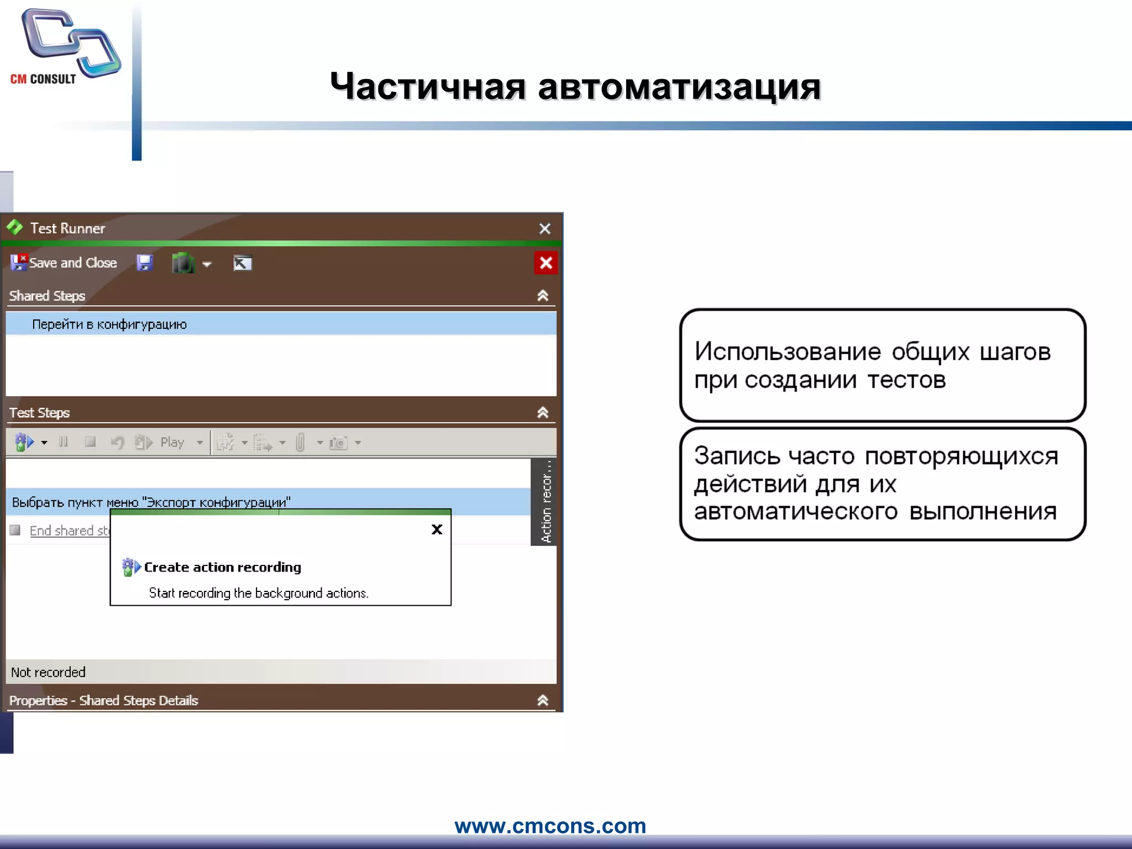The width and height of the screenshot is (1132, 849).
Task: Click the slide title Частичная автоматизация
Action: click(x=575, y=87)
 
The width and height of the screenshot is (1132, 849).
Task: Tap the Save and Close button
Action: click(x=64, y=263)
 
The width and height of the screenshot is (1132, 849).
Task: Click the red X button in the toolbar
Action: click(x=546, y=263)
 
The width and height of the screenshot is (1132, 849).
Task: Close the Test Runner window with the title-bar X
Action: click(x=544, y=229)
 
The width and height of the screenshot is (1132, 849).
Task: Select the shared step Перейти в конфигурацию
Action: click(x=109, y=324)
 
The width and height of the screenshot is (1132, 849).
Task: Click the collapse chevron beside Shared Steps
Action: click(x=543, y=296)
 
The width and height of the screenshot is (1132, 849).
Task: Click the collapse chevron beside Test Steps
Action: click(x=543, y=412)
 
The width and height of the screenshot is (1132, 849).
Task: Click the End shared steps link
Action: click(x=70, y=531)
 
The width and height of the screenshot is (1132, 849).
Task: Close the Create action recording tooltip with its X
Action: click(x=437, y=530)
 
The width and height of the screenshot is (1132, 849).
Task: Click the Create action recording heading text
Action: click(x=222, y=567)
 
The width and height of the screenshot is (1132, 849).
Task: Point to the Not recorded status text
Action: click(x=48, y=672)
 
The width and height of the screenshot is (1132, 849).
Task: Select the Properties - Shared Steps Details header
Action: click(x=104, y=700)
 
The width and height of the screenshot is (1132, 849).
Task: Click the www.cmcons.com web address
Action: click(x=550, y=826)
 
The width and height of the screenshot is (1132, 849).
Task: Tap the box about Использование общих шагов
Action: click(x=883, y=365)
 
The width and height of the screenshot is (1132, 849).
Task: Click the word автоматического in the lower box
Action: click(x=795, y=511)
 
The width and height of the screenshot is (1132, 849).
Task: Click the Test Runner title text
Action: click(x=67, y=228)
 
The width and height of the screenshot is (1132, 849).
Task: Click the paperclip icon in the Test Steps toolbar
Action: click(x=300, y=442)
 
